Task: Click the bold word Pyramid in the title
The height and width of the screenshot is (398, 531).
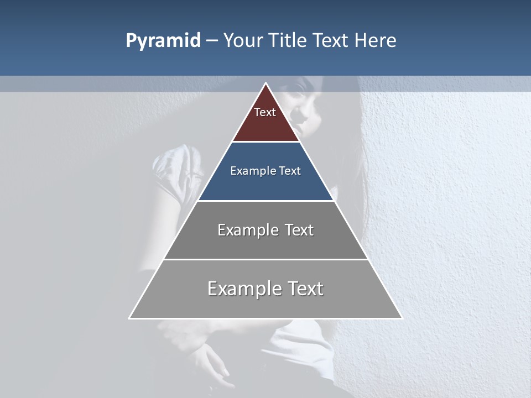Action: click(x=163, y=41)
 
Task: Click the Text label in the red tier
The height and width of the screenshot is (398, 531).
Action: click(x=265, y=112)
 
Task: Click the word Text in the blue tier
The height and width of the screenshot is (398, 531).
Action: click(x=290, y=171)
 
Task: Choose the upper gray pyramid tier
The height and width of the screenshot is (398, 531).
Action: click(x=265, y=243)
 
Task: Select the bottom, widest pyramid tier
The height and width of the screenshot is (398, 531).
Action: click(x=265, y=304)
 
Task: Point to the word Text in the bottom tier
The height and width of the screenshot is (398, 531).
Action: click(x=305, y=289)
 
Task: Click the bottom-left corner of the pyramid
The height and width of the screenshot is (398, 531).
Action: click(x=130, y=318)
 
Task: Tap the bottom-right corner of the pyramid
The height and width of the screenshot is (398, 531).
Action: click(x=401, y=318)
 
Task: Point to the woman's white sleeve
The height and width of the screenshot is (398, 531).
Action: click(x=171, y=166)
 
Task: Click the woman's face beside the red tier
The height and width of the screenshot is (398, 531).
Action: click(x=304, y=105)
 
